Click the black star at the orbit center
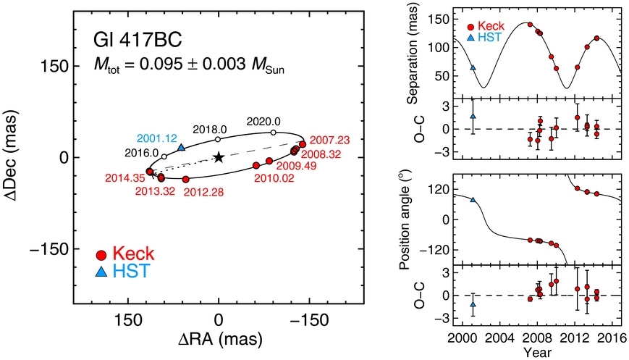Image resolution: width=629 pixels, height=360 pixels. pyautogui.click(x=219, y=157)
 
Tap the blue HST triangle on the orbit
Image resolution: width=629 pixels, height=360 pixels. pyautogui.click(x=181, y=147)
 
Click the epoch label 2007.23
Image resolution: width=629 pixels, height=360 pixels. pyautogui.click(x=329, y=140)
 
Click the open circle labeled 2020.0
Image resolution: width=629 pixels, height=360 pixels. pyautogui.click(x=273, y=133)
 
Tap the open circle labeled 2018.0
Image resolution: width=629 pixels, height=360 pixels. pyautogui.click(x=218, y=139)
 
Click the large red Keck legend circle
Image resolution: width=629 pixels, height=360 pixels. pyautogui.click(x=102, y=255)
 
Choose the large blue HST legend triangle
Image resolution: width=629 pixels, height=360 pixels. pyautogui.click(x=102, y=272)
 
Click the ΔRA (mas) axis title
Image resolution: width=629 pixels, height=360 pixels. pyautogui.click(x=219, y=339)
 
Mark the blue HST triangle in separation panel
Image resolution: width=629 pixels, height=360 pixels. pyautogui.click(x=473, y=67)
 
